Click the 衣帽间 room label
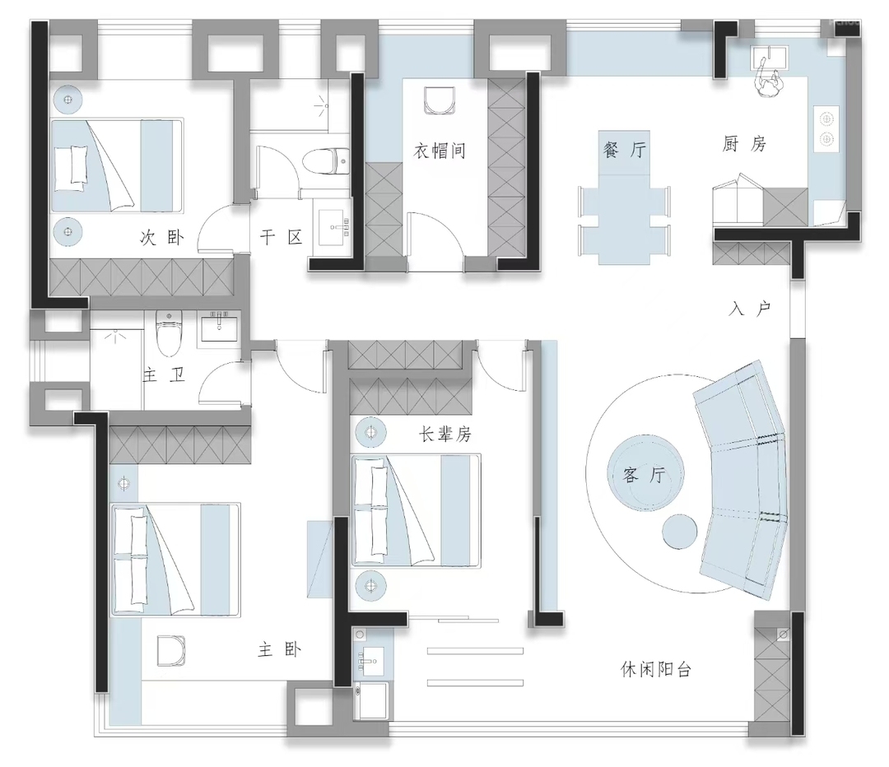440,151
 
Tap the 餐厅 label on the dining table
625,150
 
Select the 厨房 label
744,144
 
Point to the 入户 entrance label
750,309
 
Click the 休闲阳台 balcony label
656,670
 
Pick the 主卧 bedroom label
279,649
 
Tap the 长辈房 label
445,435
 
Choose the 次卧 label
162,237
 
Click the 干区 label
282,237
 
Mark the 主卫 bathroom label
164,374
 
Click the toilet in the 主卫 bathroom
168,333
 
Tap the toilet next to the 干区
326,160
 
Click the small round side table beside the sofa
679,532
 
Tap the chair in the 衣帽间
440,100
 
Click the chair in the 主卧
171,651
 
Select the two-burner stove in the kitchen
826,128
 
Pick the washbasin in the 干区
334,227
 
